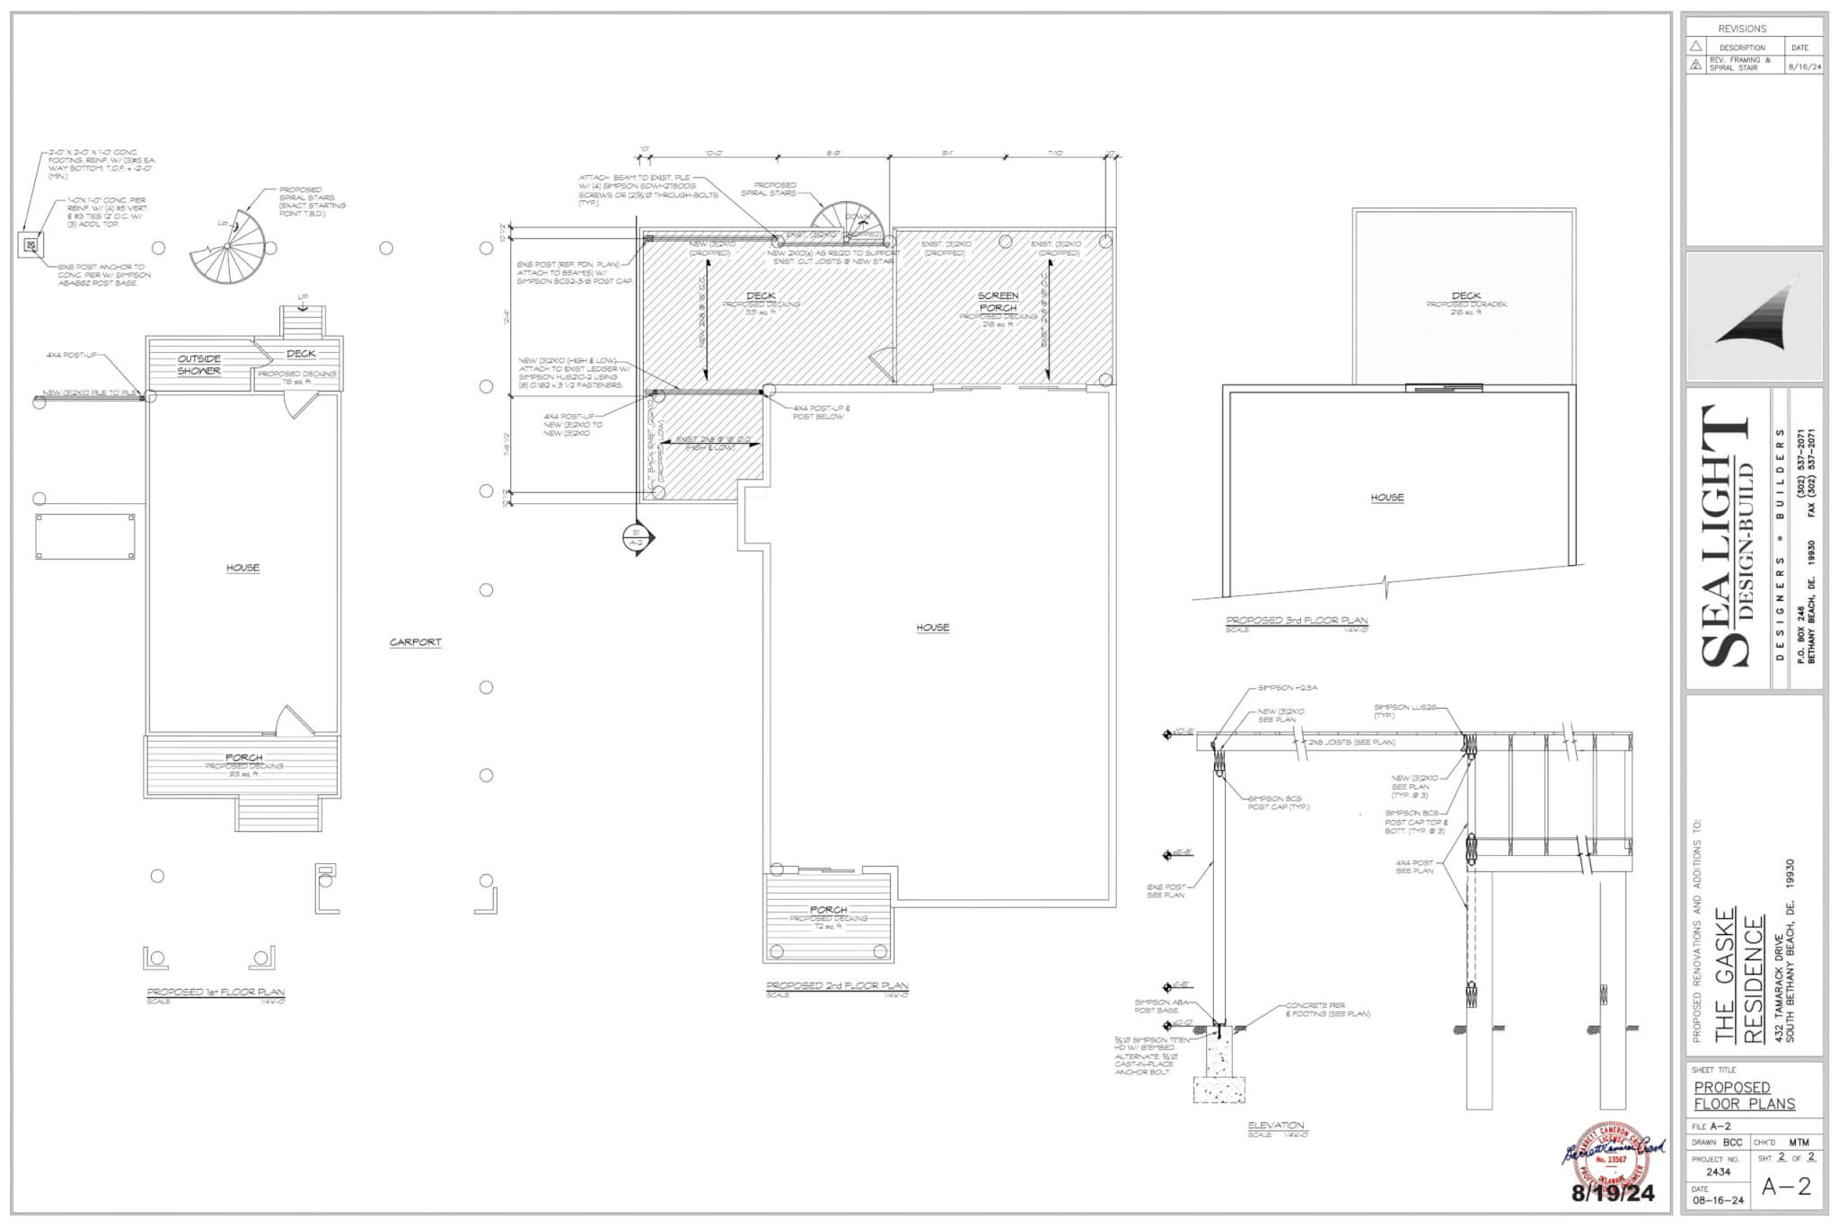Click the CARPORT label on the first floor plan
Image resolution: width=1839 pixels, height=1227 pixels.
416,642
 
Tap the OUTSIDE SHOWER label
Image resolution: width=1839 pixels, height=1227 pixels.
198,365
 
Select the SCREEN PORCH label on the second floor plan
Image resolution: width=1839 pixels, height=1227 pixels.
998,301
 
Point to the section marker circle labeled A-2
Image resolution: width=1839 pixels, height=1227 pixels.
635,538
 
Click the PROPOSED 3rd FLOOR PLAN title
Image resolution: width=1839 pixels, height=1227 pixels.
1297,621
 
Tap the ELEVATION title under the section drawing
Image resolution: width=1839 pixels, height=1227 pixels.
1275,1125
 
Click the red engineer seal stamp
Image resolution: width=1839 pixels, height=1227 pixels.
1613,1156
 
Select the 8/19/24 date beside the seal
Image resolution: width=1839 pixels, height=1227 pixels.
1612,1194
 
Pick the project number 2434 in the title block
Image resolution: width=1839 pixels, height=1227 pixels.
1718,1171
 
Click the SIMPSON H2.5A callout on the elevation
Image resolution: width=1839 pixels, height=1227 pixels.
1287,688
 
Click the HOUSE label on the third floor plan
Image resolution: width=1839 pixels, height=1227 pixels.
1386,497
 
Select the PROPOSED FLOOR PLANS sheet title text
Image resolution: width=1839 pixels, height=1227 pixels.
1744,1095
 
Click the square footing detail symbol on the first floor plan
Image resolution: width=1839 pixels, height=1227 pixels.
31,243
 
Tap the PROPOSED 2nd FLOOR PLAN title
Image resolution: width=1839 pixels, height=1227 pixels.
836,985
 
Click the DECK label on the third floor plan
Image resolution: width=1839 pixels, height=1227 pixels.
1465,296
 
